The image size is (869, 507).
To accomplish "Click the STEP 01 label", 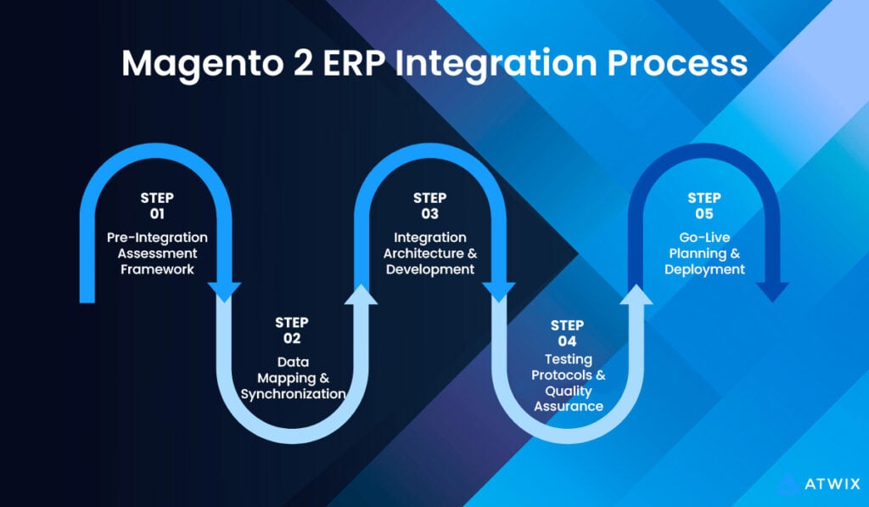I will pyautogui.click(x=157, y=206).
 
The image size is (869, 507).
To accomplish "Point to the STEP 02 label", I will pyautogui.click(x=292, y=330).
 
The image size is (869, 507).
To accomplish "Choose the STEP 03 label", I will pyautogui.click(x=429, y=206).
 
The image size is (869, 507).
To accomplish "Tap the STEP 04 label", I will pyautogui.click(x=567, y=333).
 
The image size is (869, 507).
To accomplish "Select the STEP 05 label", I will pyautogui.click(x=704, y=206).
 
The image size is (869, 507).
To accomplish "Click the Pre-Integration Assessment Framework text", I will pyautogui.click(x=157, y=253).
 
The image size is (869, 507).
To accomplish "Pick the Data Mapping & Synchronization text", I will pyautogui.click(x=293, y=378).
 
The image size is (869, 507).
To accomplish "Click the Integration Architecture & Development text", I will pyautogui.click(x=429, y=253).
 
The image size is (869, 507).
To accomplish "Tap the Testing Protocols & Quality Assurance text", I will pyautogui.click(x=567, y=382).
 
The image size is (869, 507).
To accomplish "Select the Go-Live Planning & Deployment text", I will pyautogui.click(x=704, y=253).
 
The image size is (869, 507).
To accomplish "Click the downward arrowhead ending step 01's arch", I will pyautogui.click(x=225, y=291).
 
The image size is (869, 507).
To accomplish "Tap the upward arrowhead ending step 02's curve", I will pyautogui.click(x=362, y=294).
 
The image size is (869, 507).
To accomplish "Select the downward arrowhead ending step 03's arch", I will pyautogui.click(x=499, y=291).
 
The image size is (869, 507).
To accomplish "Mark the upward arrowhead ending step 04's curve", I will pyautogui.click(x=636, y=294).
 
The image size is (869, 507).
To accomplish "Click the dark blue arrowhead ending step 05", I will pyautogui.click(x=772, y=291).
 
